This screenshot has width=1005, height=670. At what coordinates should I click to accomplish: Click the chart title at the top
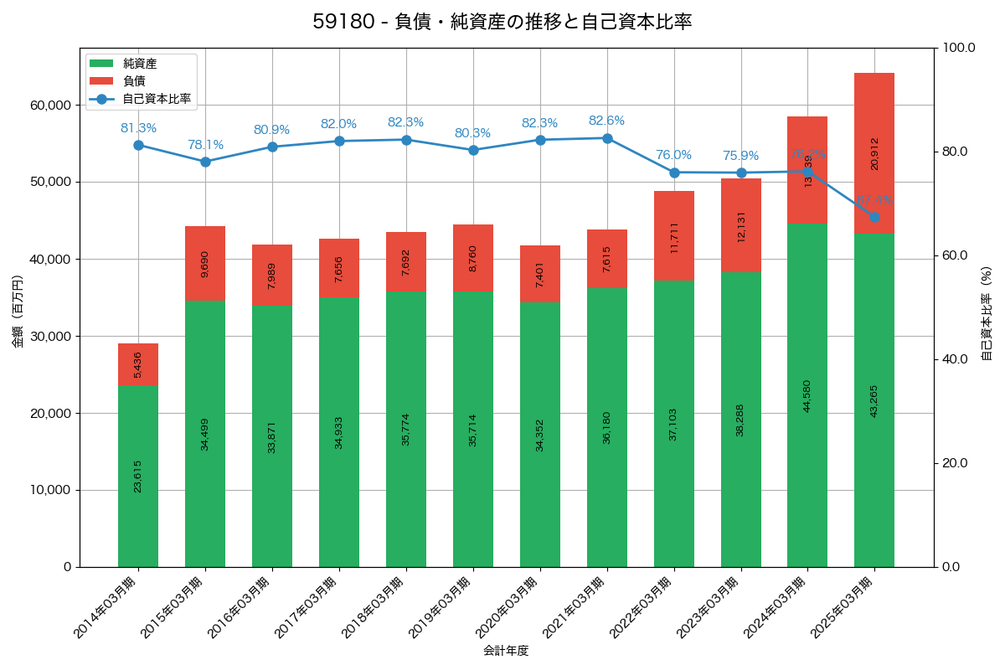pyautogui.click(x=502, y=22)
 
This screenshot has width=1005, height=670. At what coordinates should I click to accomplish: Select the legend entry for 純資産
pyautogui.click(x=139, y=63)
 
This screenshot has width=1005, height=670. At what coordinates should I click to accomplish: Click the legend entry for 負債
pyautogui.click(x=134, y=80)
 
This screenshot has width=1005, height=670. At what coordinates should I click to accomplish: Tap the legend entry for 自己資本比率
pyautogui.click(x=156, y=99)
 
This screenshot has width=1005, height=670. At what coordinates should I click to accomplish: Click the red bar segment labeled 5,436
pyautogui.click(x=138, y=364)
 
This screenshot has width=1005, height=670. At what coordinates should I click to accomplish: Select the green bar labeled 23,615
pyautogui.click(x=138, y=476)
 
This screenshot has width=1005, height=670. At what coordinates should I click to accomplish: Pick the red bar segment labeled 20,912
pyautogui.click(x=874, y=153)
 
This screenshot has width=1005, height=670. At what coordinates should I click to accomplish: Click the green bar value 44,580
pyautogui.click(x=807, y=395)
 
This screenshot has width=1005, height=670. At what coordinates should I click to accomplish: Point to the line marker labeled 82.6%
pyautogui.click(x=607, y=138)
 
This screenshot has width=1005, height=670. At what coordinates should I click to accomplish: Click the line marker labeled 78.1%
pyautogui.click(x=205, y=162)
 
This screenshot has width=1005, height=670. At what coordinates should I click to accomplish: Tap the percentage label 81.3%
pyautogui.click(x=138, y=128)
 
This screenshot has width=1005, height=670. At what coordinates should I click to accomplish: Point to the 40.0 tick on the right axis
pyautogui.click(x=953, y=359)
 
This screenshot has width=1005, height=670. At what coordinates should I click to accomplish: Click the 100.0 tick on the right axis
pyautogui.click(x=956, y=48)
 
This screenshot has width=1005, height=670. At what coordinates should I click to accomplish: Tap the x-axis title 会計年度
pyautogui.click(x=506, y=651)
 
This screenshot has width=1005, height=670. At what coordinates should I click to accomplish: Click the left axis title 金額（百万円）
pyautogui.click(x=18, y=312)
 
